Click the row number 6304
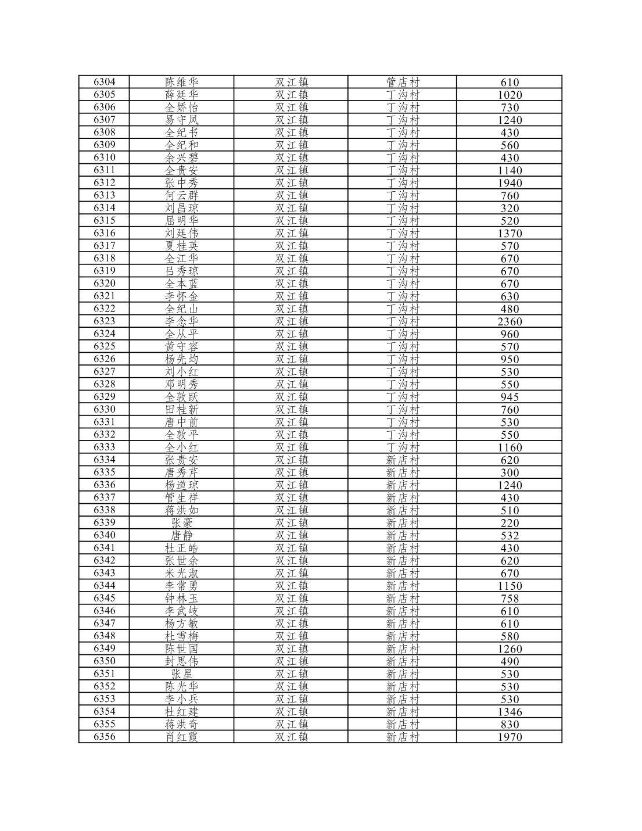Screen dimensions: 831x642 point(104,82)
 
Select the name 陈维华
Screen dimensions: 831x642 point(181,82)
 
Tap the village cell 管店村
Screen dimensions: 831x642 point(402,82)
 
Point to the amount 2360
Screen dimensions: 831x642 point(509,321)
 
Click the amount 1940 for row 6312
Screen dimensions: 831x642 point(509,183)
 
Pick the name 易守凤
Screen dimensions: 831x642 point(181,120)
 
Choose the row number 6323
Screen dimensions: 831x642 point(104,321)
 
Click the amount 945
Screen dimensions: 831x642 point(509,397)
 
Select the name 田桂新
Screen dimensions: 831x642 point(181,410)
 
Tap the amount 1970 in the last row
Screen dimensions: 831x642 point(509,737)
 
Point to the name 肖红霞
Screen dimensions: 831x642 point(181,737)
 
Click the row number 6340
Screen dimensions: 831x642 point(104,535)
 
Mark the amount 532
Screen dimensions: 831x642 point(509,536)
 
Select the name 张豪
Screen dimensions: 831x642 point(181,523)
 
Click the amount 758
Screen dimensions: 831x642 point(509,599)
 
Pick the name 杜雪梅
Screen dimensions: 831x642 point(181,636)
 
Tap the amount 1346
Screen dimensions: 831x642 point(509,712)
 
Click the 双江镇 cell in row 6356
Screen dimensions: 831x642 point(291,737)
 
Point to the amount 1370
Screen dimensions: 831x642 point(509,233)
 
